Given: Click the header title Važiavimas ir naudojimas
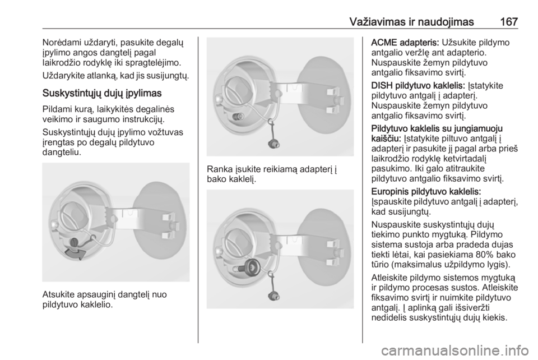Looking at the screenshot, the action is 412,22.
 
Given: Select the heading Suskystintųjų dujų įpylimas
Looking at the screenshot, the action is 102,94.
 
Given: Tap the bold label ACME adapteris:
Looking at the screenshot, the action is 405,43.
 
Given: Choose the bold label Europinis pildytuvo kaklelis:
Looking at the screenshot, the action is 426,191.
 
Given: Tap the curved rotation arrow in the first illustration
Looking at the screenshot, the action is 75,253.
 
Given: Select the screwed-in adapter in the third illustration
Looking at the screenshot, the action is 251,266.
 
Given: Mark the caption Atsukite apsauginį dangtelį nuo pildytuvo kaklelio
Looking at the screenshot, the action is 105,299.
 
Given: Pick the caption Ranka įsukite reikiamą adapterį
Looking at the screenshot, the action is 272,174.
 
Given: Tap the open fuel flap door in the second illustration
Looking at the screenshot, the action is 325,96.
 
